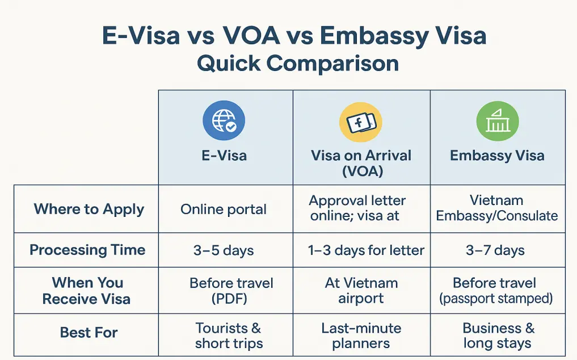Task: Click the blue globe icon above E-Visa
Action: click(x=224, y=121)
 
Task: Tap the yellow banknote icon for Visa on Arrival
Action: click(x=360, y=122)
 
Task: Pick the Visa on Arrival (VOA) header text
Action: click(x=361, y=164)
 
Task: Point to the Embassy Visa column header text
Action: click(x=497, y=156)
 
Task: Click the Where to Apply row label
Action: click(x=89, y=209)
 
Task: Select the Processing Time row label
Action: click(x=87, y=250)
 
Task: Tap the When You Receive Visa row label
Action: click(x=87, y=291)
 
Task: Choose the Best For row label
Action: click(x=89, y=332)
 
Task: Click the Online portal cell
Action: click(x=224, y=209)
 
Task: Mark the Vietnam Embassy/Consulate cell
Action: click(x=496, y=208)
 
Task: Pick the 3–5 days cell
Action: click(x=224, y=250)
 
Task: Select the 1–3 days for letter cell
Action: click(x=366, y=250)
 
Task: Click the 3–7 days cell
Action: click(x=495, y=250)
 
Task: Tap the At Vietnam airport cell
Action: click(x=361, y=291)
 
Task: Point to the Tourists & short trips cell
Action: click(x=229, y=336)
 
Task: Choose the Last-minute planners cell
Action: click(x=361, y=336)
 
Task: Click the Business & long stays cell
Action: click(x=498, y=336)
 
